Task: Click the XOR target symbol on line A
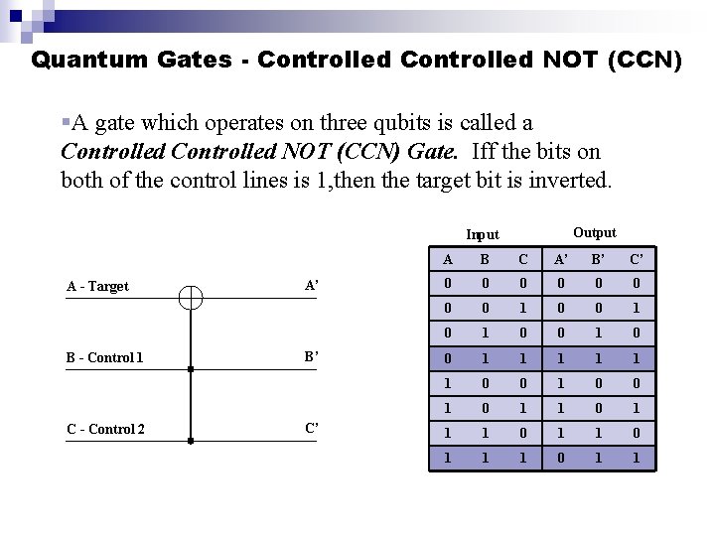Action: (191, 297)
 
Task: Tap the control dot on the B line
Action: (191, 368)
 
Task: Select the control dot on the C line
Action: (191, 440)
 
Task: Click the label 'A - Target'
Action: (97, 286)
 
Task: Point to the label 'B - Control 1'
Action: (105, 357)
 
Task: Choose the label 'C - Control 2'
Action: (105, 429)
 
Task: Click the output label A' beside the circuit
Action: (312, 286)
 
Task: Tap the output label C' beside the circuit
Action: (312, 429)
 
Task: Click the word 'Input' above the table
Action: (483, 234)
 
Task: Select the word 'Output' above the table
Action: (595, 232)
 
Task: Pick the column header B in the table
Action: (485, 260)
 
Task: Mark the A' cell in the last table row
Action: (561, 458)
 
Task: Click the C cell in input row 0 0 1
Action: (522, 309)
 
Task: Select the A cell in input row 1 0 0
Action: (447, 383)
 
